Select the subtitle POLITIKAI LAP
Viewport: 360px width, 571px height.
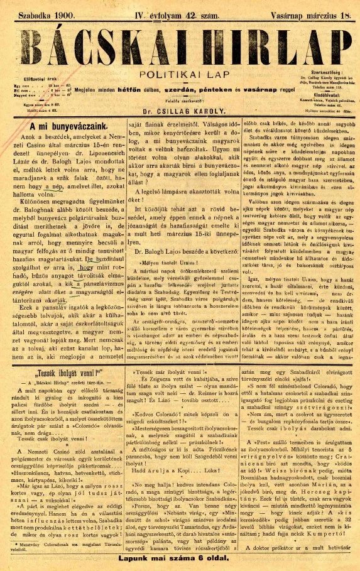click(180, 72)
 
